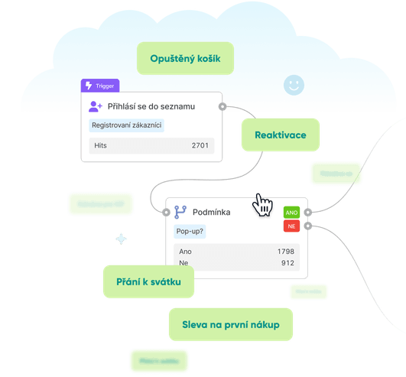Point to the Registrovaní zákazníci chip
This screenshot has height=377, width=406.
click(126, 125)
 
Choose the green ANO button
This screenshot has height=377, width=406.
click(291, 212)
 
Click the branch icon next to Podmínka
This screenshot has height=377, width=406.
click(180, 212)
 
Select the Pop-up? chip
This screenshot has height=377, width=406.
click(190, 230)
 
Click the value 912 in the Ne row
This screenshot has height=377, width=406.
click(287, 263)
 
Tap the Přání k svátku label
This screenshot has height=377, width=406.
click(149, 283)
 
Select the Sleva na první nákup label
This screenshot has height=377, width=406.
click(230, 325)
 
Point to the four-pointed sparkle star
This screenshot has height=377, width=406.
click(121, 239)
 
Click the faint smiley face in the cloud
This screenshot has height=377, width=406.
click(292, 85)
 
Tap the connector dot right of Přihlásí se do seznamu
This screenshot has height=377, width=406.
click(222, 106)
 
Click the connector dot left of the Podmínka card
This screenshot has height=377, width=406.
click(166, 212)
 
